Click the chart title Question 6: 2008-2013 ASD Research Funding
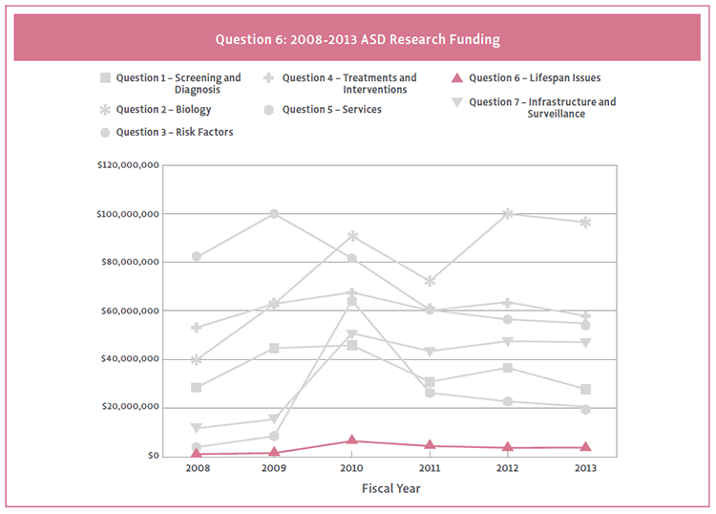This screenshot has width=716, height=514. (x=357, y=40)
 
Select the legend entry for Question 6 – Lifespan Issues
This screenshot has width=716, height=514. (x=535, y=78)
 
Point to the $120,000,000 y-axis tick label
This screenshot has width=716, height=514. (x=127, y=165)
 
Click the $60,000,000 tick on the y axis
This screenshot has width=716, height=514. (x=129, y=311)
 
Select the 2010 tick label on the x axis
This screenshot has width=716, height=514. (x=351, y=469)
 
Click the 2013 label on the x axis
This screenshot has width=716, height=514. (x=585, y=469)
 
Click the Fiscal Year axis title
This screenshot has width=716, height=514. (x=390, y=488)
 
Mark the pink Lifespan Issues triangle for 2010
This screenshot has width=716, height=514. (x=352, y=440)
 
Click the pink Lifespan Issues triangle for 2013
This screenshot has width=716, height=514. (x=585, y=446)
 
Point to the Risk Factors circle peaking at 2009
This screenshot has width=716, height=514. (x=274, y=214)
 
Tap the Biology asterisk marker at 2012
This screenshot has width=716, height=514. (x=508, y=214)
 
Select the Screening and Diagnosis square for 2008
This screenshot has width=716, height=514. (x=197, y=387)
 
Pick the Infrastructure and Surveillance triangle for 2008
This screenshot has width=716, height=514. (x=197, y=428)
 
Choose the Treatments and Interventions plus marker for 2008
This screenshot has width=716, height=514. (x=197, y=328)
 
